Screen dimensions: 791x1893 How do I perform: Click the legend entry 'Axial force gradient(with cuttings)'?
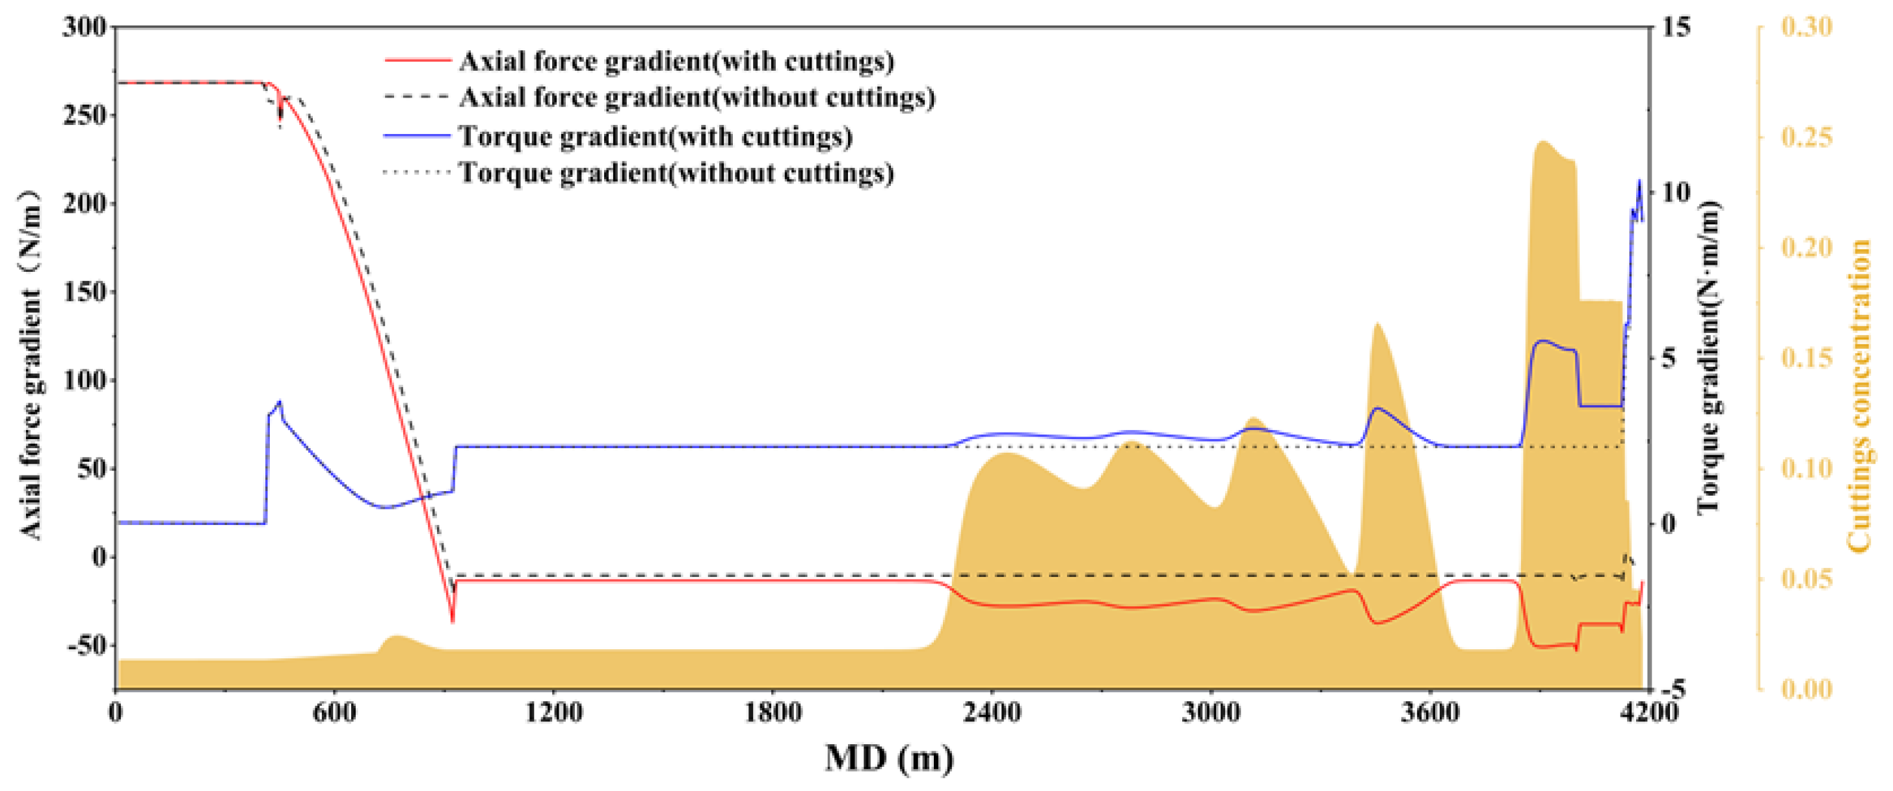pos(676,61)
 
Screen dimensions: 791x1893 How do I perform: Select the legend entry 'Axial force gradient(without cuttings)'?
pos(696,97)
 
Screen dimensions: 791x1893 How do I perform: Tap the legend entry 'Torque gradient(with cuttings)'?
pos(655,136)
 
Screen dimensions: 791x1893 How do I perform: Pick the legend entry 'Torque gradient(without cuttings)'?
pos(676,174)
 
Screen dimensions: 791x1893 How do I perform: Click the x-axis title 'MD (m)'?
pos(889,758)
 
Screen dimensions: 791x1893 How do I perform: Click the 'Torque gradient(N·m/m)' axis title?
pos(1710,357)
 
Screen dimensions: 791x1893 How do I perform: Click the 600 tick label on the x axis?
pos(334,712)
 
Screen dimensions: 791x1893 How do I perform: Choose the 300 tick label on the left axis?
pos(85,27)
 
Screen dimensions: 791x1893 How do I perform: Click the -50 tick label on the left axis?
pos(85,646)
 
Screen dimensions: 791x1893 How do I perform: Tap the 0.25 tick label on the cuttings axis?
pos(1807,137)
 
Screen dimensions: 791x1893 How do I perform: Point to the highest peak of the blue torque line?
pos(1639,181)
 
